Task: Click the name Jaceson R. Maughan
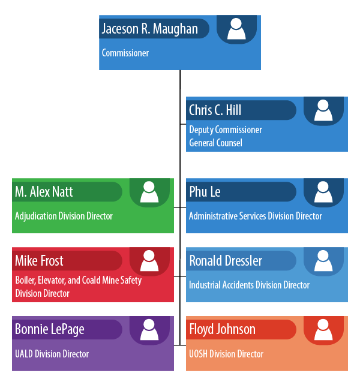[x=149, y=29]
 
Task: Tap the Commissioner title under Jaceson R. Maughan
[x=125, y=53]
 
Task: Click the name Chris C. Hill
[x=215, y=110]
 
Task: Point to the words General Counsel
[x=215, y=143]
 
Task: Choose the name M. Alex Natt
[x=44, y=192]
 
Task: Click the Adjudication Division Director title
[x=64, y=216]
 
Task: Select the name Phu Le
[x=205, y=192]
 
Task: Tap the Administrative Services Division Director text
[x=256, y=216]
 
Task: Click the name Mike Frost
[x=39, y=261]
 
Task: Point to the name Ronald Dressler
[x=226, y=261]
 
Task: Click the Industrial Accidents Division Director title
[x=250, y=285]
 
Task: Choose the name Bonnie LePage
[x=49, y=329]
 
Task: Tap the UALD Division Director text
[x=52, y=354]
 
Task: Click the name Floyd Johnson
[x=222, y=329]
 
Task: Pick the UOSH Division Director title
[x=226, y=354]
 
